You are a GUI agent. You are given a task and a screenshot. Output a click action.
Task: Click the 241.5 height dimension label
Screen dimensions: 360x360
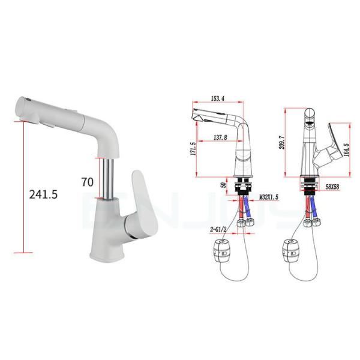[x=46, y=194]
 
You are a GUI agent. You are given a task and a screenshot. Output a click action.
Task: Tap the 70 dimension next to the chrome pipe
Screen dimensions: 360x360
[x=88, y=181]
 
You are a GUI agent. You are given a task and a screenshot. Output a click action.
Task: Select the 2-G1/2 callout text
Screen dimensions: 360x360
[x=220, y=229]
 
